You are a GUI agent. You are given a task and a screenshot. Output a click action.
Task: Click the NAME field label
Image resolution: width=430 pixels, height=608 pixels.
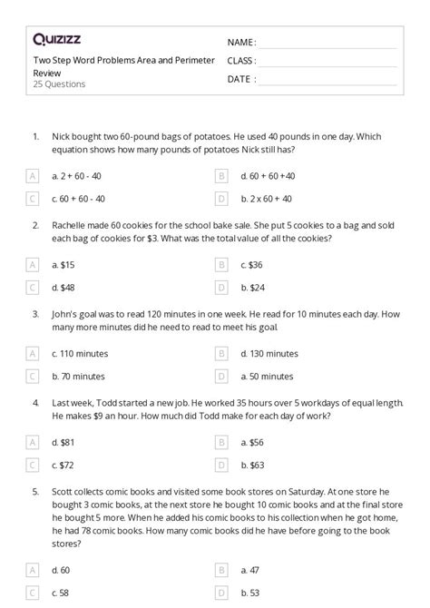pyautogui.click(x=241, y=43)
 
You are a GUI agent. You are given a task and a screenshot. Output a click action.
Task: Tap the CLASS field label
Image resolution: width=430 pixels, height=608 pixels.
pyautogui.click(x=242, y=61)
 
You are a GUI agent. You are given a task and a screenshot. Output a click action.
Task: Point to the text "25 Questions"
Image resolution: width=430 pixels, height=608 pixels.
pyautogui.click(x=59, y=84)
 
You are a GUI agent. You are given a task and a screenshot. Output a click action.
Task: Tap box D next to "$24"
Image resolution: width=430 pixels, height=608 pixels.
pyautogui.click(x=220, y=287)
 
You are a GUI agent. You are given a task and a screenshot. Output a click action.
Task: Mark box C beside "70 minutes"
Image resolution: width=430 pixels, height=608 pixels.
pyautogui.click(x=33, y=375)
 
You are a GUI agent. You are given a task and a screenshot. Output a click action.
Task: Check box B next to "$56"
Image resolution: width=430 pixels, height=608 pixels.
pyautogui.click(x=220, y=441)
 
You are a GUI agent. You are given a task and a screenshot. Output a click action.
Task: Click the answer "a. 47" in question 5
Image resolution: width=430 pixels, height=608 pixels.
pyautogui.click(x=251, y=569)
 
